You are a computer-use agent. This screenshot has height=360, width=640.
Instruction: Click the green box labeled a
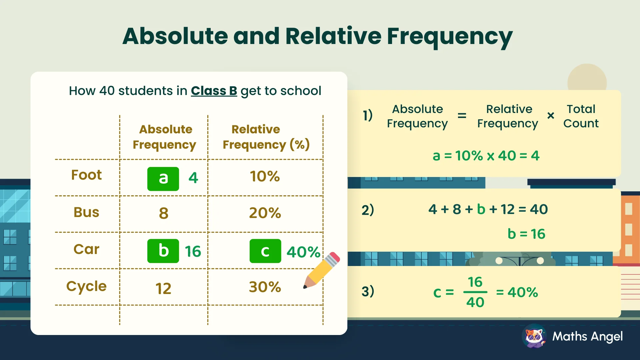pos(163,179)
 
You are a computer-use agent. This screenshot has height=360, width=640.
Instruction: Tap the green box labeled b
pos(163,251)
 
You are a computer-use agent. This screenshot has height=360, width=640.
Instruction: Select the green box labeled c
pos(265,251)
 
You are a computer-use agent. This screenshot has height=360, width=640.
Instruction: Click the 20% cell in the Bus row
pos(265,213)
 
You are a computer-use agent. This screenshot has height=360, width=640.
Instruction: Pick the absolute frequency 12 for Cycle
pos(163,288)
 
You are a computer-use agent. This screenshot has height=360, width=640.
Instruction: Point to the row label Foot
pos(86,175)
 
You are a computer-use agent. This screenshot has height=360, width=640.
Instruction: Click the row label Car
pos(86,249)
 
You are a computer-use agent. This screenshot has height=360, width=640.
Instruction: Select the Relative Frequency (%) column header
pos(266,137)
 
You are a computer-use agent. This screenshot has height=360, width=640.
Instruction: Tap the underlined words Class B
pos(214,91)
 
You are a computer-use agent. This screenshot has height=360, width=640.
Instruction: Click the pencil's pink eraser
pos(334,257)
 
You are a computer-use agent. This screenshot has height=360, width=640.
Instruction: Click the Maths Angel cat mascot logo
pos(534,336)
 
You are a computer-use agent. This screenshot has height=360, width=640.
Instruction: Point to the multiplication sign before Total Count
pos(551,116)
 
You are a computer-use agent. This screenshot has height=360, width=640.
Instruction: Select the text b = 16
pos(526,234)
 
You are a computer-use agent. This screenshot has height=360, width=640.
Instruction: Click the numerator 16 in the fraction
pos(475,282)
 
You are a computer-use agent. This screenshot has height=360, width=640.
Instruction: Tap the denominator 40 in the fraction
pos(475,302)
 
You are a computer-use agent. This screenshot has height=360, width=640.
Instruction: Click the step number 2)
pos(368,210)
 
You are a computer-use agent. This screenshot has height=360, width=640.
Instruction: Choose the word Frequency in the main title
pos(449,36)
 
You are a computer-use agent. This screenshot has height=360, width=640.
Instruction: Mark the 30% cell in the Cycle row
pos(265,287)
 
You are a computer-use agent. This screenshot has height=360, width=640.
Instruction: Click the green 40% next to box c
pos(303,252)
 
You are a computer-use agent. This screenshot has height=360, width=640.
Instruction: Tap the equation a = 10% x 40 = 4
pos(486,156)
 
